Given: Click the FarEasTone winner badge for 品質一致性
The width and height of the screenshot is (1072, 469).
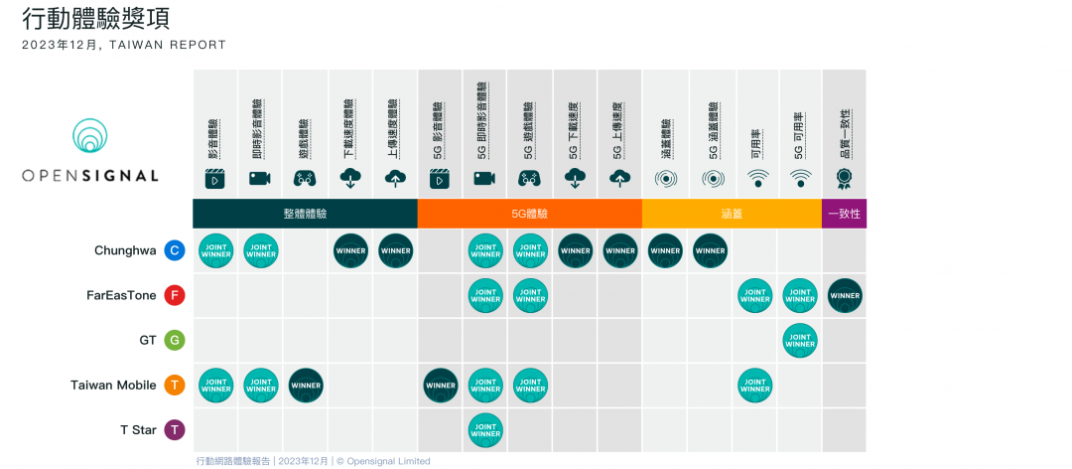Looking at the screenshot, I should [845, 295].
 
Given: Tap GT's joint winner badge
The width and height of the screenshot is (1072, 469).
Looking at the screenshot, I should [799, 340].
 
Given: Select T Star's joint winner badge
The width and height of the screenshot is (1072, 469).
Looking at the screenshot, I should [485, 429].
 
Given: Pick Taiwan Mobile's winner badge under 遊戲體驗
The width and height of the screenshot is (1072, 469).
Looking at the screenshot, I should [306, 385].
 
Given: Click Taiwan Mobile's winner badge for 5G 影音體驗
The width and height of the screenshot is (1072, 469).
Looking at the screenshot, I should [441, 385].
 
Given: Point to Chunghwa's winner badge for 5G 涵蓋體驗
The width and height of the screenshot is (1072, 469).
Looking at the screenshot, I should [710, 250].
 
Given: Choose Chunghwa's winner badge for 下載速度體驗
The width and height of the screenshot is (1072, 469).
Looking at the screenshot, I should [350, 250].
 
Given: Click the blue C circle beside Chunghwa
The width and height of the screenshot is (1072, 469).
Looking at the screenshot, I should [175, 250].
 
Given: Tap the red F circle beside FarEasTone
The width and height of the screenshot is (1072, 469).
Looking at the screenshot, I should [175, 295].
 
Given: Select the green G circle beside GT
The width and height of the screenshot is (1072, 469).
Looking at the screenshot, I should [175, 340].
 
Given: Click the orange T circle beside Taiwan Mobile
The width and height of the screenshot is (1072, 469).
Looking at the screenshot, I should [175, 385].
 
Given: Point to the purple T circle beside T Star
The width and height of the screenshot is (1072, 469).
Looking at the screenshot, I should [175, 429].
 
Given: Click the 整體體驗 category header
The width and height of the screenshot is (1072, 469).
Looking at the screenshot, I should [305, 214].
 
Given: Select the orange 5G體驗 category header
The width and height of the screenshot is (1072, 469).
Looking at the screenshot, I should [529, 214].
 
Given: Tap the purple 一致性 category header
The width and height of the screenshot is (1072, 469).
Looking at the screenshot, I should [844, 214].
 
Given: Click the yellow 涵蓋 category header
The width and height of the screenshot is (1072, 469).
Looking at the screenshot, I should [732, 214].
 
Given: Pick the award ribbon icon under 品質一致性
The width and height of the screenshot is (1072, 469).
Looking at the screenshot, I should [844, 179].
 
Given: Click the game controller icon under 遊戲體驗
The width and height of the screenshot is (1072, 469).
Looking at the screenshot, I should [306, 179].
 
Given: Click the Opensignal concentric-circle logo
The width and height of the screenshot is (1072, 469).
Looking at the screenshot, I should [90, 136].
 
